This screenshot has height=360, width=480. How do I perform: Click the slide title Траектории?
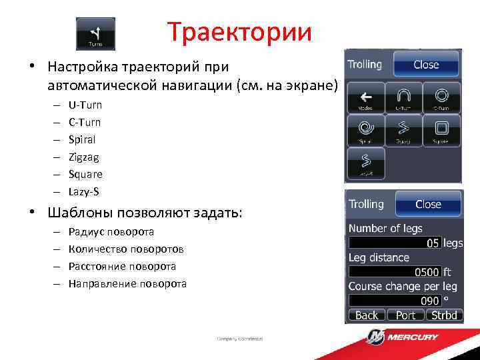pyautogui.click(x=239, y=31)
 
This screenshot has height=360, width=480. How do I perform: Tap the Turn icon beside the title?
pyautogui.click(x=95, y=33)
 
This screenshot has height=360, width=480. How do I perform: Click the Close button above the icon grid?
pyautogui.click(x=426, y=65)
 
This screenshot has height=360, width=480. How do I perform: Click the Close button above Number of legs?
pyautogui.click(x=428, y=204)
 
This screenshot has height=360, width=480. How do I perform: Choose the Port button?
pyautogui.click(x=405, y=315)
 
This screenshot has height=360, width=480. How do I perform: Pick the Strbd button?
pyautogui.click(x=443, y=315)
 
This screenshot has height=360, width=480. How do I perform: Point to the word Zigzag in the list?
pyautogui.click(x=83, y=157)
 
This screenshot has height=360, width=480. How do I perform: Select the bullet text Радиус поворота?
pyautogui.click(x=111, y=232)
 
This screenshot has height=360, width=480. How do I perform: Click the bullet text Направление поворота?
pyautogui.click(x=127, y=283)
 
